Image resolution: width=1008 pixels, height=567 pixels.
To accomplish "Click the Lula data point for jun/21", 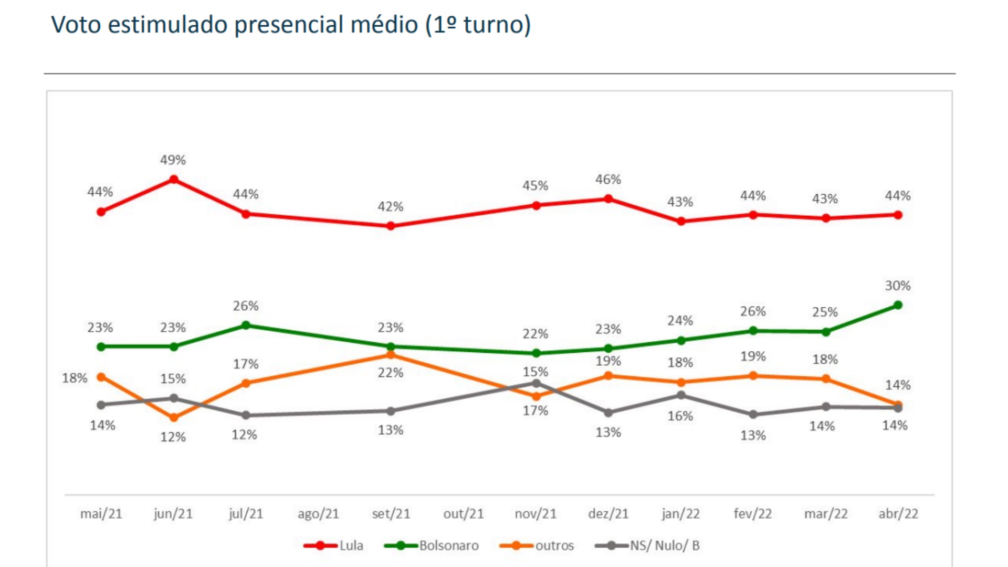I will pos(174,180).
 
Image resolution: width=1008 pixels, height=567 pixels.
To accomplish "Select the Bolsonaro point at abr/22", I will pos(898,305).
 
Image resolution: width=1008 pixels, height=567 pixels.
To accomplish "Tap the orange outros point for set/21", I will pos(391,355).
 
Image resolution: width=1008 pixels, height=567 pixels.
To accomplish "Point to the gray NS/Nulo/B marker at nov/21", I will pos(536,384).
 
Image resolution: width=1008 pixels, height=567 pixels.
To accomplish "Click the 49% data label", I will pos(173,160).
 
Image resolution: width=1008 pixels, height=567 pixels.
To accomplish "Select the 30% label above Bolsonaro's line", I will pos(898,286).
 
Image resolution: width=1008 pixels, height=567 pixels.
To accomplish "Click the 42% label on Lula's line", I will pos(391,206).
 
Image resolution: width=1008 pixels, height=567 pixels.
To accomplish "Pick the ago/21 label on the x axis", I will pos(318,513).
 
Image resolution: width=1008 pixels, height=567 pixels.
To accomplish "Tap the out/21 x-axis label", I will pos(464,513).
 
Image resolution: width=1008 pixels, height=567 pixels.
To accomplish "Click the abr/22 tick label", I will pos(898,513).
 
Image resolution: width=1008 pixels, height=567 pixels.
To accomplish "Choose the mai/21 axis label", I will pos(101,513).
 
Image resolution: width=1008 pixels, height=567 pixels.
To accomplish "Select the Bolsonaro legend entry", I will pos(449,545).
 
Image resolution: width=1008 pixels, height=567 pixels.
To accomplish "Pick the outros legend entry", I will pos(554,545).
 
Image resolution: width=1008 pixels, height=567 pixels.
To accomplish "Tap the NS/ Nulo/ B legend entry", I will pos(665,545).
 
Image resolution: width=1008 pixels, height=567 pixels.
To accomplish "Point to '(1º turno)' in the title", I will pos(478,25).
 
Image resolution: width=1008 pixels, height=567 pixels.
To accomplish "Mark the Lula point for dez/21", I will pos(608,199).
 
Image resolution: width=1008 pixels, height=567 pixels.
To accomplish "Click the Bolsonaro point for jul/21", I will pos(246,325).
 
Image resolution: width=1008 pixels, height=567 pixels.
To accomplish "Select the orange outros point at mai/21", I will pos(101,377).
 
